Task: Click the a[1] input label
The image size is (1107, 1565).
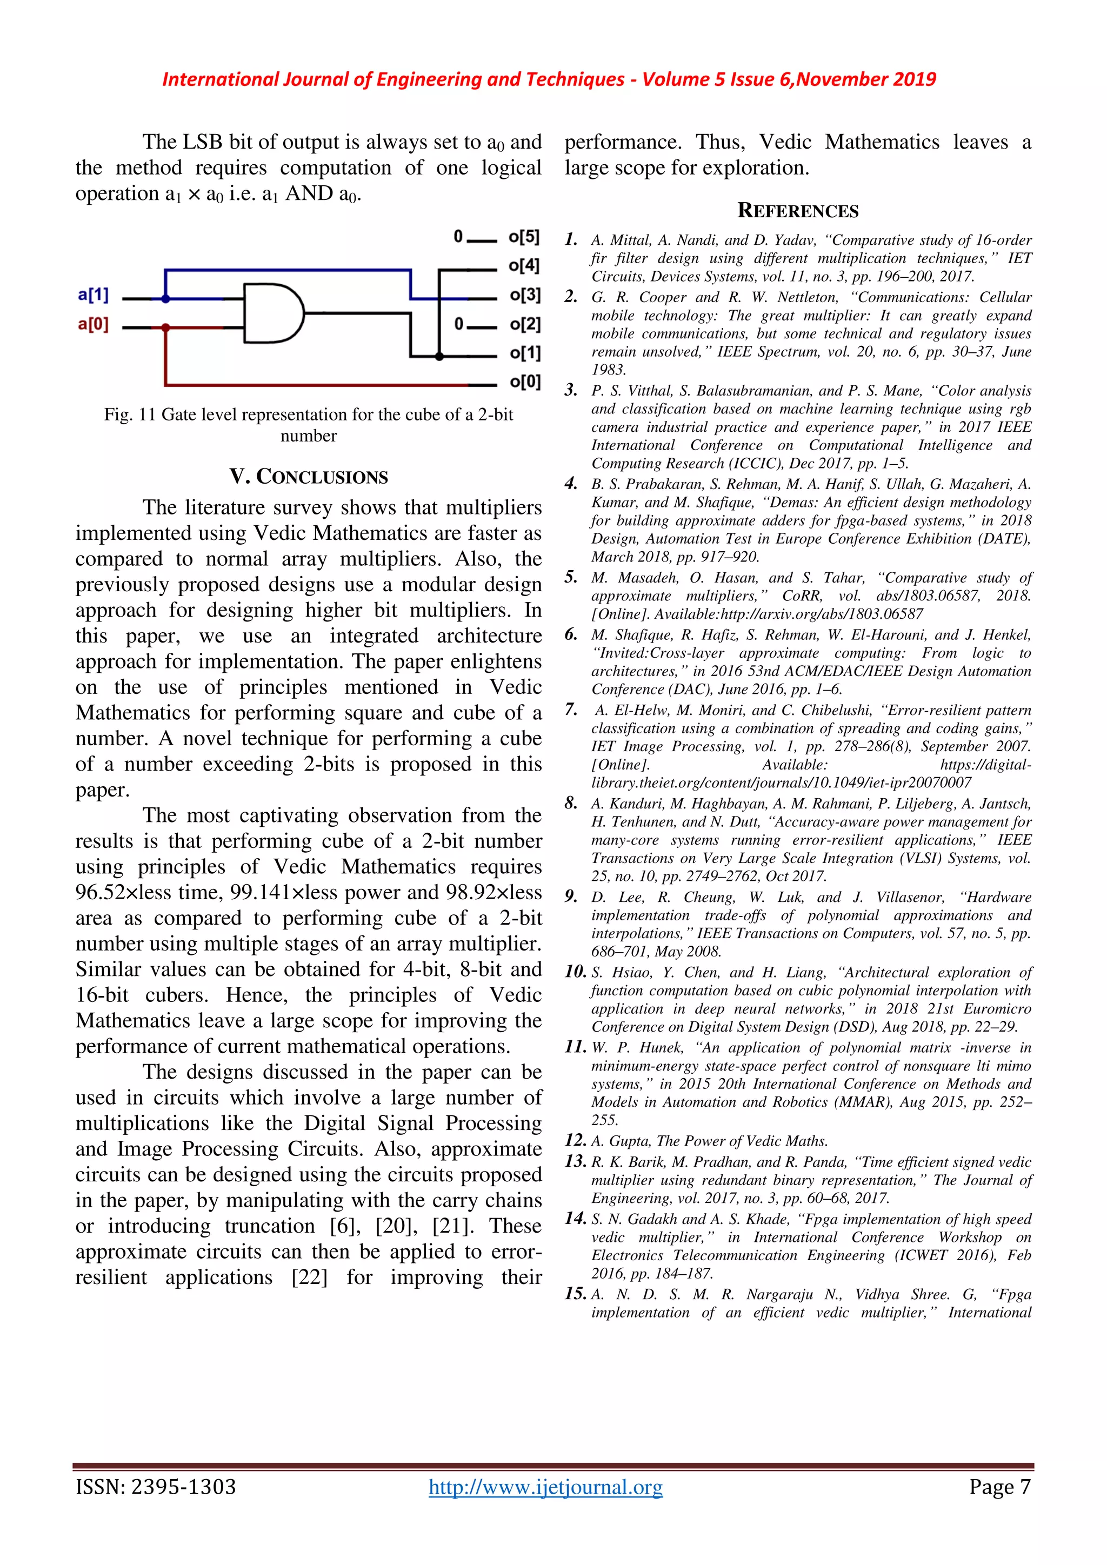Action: pos(94,295)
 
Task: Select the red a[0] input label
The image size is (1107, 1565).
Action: pos(94,324)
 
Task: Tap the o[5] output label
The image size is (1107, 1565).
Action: pos(524,237)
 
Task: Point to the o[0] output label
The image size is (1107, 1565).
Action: pos(525,382)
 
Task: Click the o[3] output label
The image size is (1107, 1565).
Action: pos(525,295)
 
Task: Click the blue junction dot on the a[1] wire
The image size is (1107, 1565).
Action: pos(165,298)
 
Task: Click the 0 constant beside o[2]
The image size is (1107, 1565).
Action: pos(459,324)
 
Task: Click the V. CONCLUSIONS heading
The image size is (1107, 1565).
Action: pos(309,477)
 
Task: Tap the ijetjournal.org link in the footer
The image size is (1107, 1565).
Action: pos(545,1487)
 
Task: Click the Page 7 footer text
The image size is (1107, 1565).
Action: pos(999,1487)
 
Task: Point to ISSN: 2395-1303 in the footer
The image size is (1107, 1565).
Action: pos(156,1487)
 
